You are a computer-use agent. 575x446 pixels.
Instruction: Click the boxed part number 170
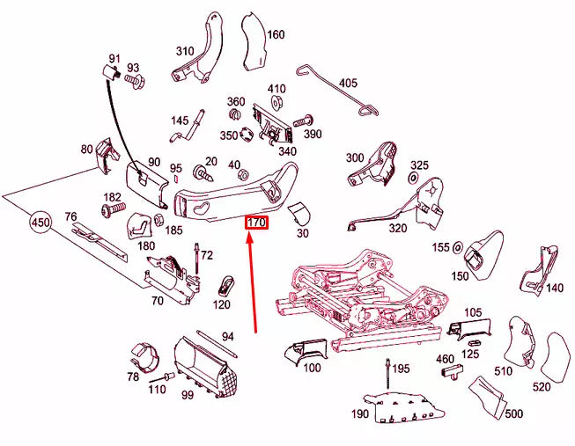click(x=255, y=223)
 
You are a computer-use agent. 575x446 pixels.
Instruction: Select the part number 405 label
click(x=349, y=84)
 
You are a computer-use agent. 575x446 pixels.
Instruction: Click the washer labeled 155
click(x=458, y=249)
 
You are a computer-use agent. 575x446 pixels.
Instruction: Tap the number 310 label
click(x=184, y=51)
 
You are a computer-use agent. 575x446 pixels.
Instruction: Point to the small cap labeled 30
click(x=299, y=212)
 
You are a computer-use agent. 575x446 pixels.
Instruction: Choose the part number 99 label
click(x=188, y=395)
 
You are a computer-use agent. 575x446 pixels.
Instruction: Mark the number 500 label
click(x=514, y=413)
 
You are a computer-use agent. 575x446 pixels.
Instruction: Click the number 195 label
click(x=401, y=369)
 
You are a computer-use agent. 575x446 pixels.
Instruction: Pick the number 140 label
click(x=554, y=288)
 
